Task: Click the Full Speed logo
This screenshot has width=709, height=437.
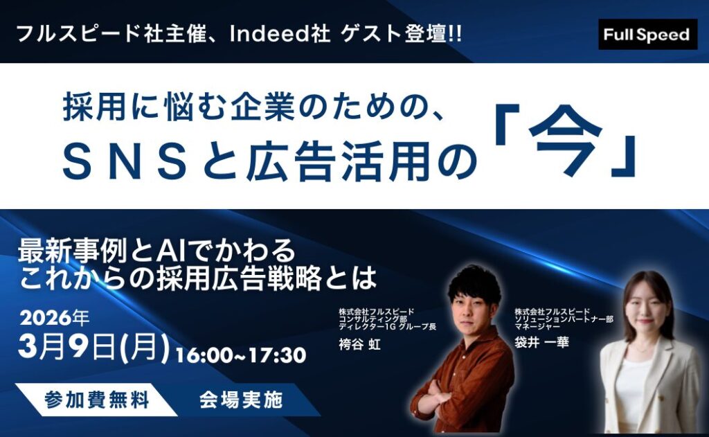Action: (x=647, y=35)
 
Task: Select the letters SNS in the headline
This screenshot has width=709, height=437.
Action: (x=125, y=163)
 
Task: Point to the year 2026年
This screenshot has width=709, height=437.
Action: (x=54, y=318)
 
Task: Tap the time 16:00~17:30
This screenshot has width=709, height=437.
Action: (x=241, y=355)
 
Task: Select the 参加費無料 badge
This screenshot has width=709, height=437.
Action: (x=96, y=400)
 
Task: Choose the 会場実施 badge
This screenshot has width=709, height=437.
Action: (x=241, y=400)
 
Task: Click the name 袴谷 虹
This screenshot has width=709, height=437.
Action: (x=360, y=344)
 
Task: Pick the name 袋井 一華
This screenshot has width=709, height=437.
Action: (x=541, y=342)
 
